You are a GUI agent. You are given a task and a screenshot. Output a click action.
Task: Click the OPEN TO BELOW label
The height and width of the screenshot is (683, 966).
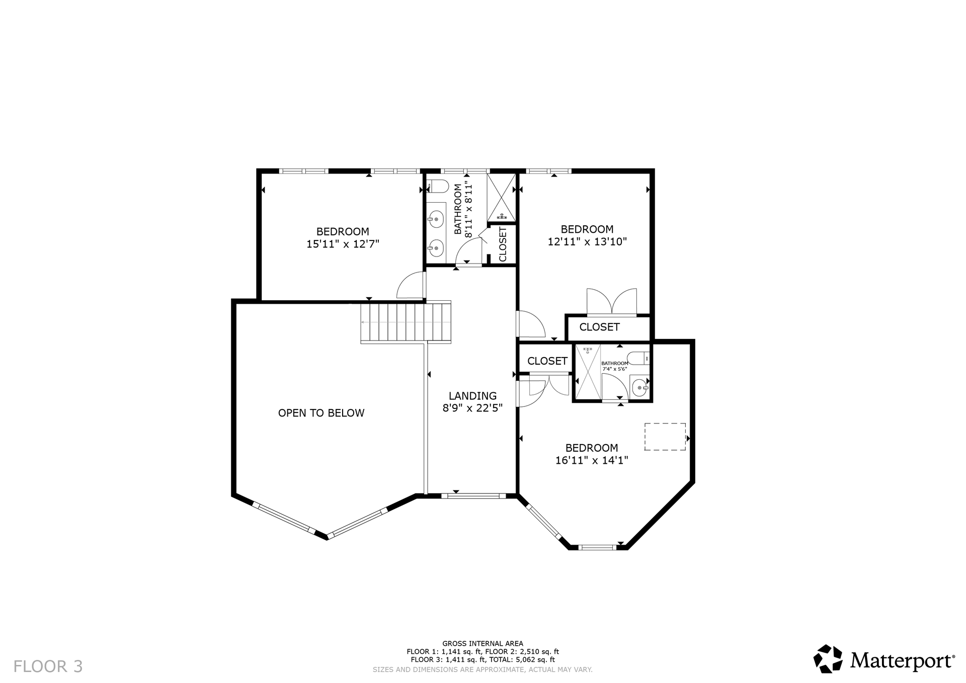click(321, 413)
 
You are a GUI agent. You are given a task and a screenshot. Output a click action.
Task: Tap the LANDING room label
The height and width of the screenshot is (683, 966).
click(472, 396)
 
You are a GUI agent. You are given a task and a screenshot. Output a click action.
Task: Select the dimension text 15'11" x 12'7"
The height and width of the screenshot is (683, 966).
click(343, 244)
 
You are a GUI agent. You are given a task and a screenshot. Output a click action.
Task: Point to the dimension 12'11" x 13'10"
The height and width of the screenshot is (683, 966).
click(587, 241)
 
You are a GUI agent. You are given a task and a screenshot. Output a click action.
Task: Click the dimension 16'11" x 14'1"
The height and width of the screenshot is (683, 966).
click(592, 460)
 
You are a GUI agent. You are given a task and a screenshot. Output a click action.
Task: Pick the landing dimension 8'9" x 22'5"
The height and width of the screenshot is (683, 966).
click(472, 408)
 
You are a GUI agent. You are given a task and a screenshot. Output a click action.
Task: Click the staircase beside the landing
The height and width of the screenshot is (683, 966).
click(406, 322)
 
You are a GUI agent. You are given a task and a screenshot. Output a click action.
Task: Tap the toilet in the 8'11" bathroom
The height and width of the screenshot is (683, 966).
click(437, 186)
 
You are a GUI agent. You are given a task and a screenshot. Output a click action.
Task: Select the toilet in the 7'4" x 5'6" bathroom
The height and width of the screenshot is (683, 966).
click(639, 358)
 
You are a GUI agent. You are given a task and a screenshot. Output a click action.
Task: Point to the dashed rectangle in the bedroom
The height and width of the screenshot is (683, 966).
click(665, 437)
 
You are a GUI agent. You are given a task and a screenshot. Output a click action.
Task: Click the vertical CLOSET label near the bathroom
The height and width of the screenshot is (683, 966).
click(503, 244)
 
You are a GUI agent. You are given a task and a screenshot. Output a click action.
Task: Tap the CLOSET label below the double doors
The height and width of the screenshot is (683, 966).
click(599, 327)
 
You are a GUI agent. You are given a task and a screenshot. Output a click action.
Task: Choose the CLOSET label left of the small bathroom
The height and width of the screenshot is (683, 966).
click(547, 361)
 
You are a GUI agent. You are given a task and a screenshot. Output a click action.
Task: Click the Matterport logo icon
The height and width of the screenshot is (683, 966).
click(828, 658)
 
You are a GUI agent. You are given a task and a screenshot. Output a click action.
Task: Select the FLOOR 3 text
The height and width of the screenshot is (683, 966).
click(48, 666)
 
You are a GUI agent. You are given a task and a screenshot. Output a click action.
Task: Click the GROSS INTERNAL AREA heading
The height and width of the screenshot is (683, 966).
click(482, 643)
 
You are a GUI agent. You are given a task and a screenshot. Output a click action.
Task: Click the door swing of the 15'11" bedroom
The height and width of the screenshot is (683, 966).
click(411, 285)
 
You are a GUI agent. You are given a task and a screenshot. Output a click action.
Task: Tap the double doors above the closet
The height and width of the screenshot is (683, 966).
click(612, 301)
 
